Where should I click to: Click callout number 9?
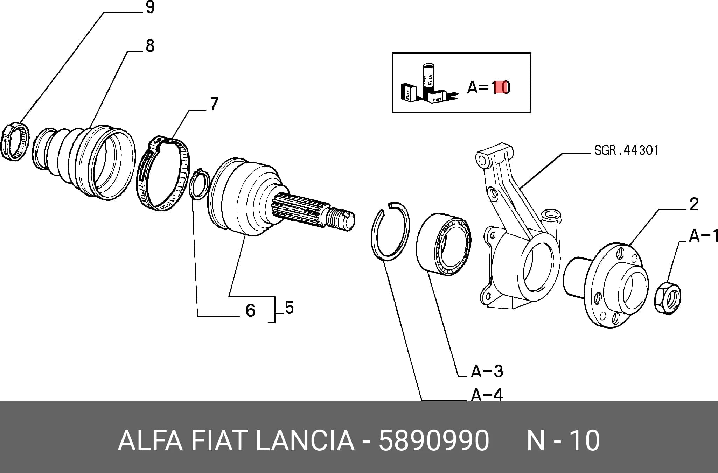tap(150, 7)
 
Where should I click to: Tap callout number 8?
tap(150, 46)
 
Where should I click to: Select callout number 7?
tap(214, 104)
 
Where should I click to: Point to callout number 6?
tap(251, 310)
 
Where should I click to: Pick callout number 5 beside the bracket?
tap(289, 308)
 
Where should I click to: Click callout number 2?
tap(694, 204)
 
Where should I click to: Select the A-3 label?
tap(487, 371)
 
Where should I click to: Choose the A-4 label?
tap(487, 395)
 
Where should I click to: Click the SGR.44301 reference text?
tap(627, 150)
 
